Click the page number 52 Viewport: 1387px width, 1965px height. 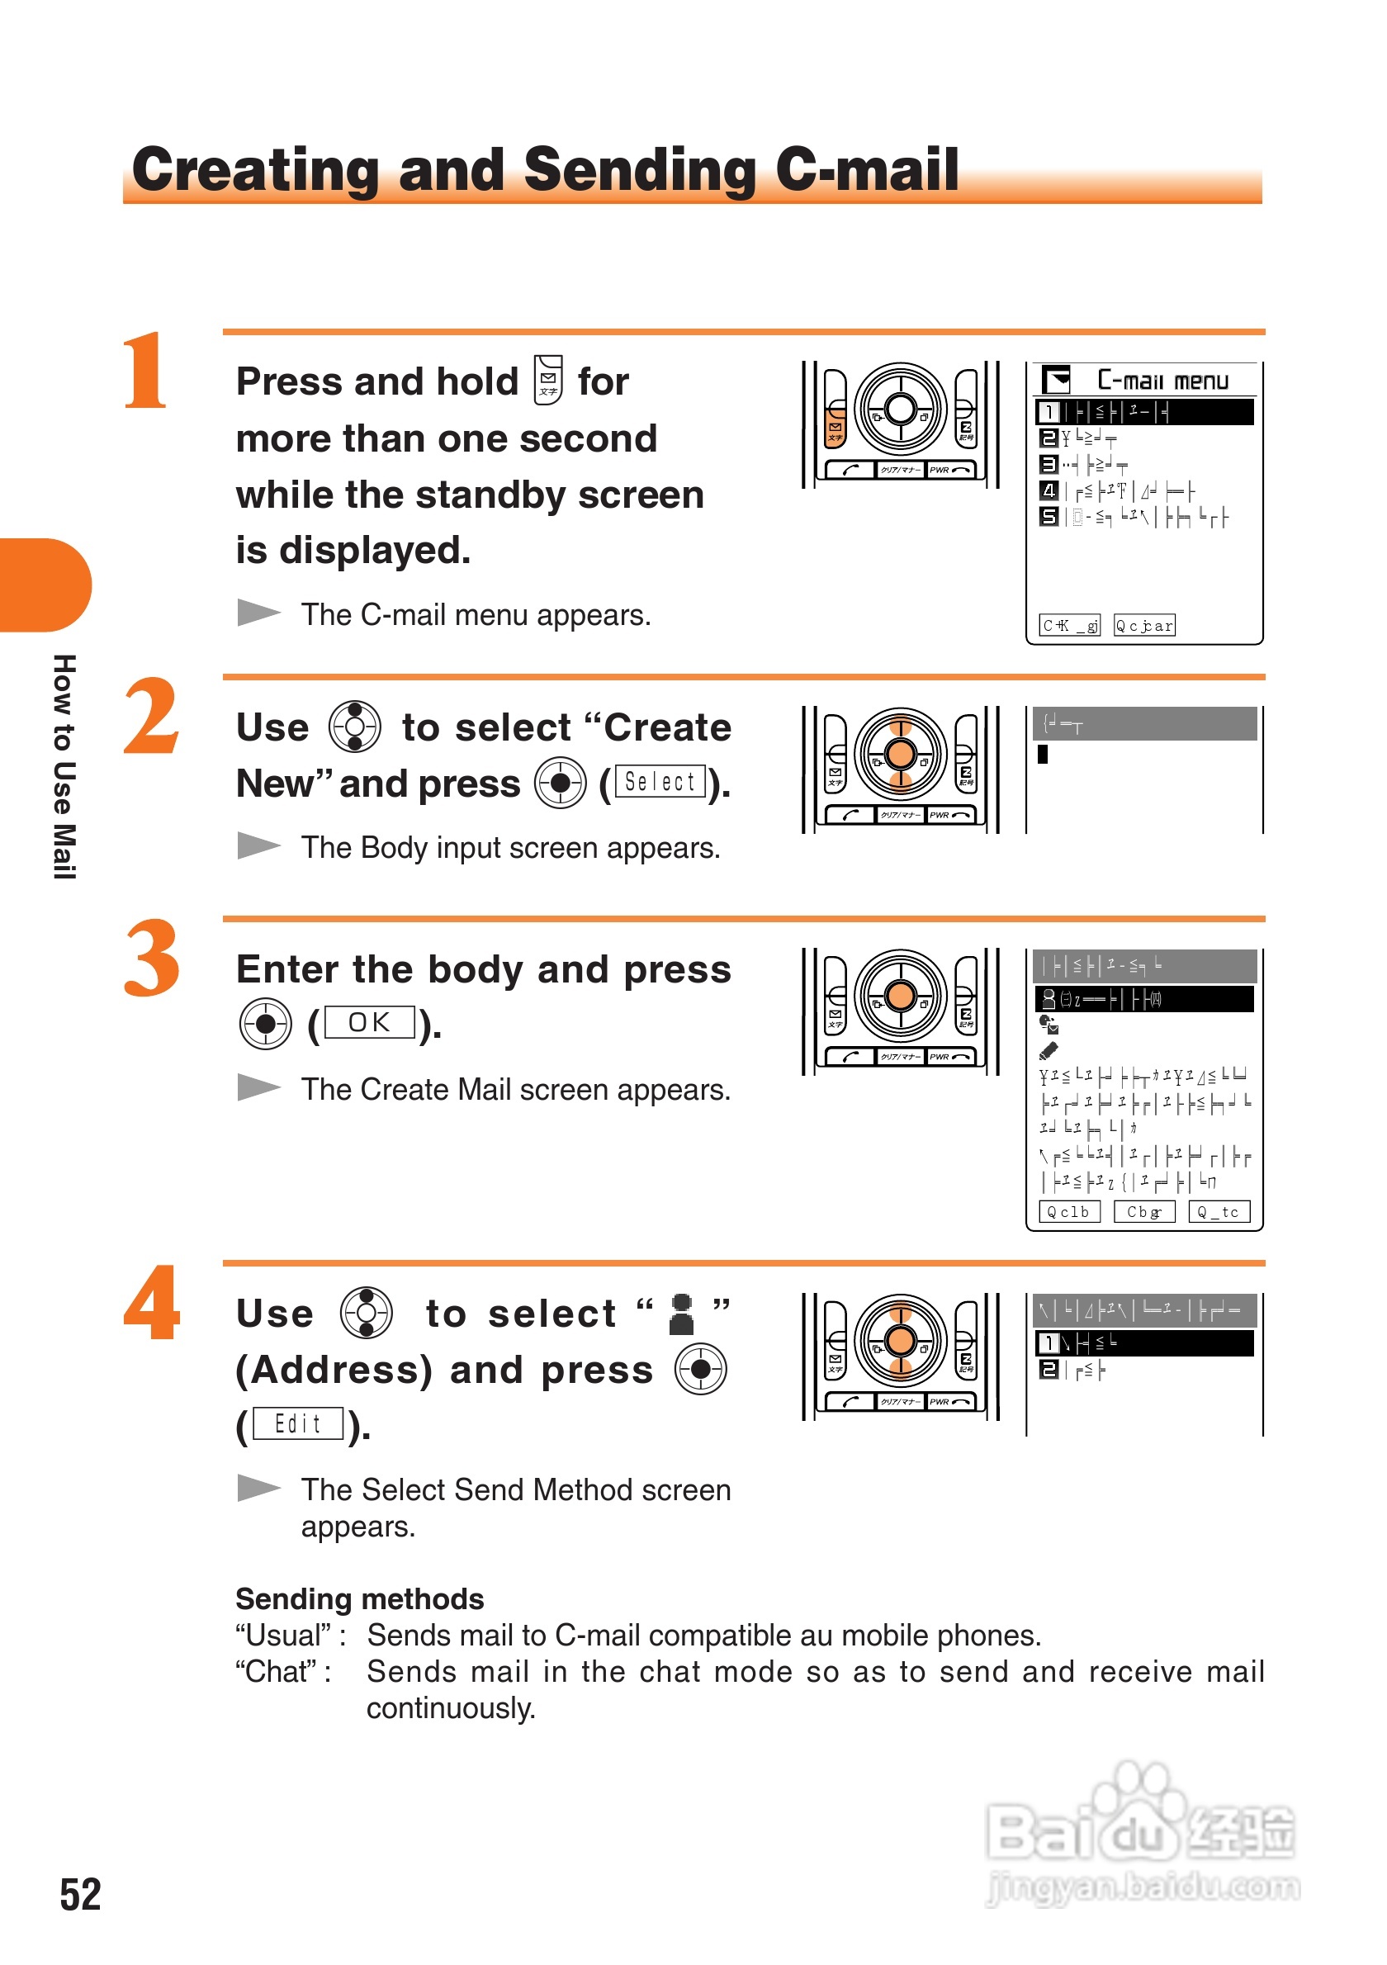[x=80, y=1894]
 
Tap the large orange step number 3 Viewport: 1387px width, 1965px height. [x=151, y=959]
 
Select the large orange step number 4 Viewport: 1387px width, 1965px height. [x=151, y=1303]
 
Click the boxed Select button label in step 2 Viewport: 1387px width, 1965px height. [x=660, y=781]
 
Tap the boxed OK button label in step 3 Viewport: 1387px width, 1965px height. [x=369, y=1023]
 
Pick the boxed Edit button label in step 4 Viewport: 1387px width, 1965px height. [x=298, y=1423]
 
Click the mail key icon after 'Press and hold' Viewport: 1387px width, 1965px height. [x=548, y=380]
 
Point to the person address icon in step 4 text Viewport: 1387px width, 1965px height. [x=681, y=1314]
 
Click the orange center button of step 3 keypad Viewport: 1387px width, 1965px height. [x=900, y=997]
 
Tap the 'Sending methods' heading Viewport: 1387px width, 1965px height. [x=359, y=1598]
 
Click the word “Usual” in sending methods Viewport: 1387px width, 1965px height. [x=283, y=1636]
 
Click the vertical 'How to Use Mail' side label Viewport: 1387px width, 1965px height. [x=65, y=766]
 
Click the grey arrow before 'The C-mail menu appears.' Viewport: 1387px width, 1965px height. [x=258, y=613]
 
